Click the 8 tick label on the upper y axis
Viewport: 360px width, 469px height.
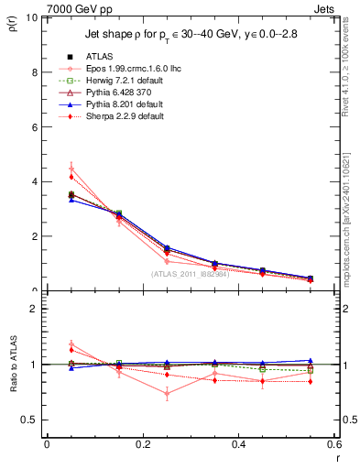[x=37, y=72]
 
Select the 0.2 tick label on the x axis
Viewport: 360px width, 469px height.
[x=142, y=444]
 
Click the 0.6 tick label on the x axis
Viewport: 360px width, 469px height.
[x=333, y=444]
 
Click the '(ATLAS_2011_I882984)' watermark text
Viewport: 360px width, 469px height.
[x=190, y=273]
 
